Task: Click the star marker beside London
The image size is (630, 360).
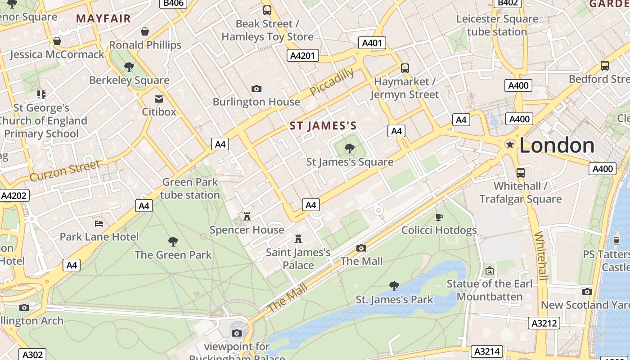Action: coord(510,144)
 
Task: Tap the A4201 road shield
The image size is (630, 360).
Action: coord(303,55)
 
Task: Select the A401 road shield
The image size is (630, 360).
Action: coord(372,43)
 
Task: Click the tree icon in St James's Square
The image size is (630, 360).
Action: coord(349,148)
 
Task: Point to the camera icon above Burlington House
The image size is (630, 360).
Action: coord(256,89)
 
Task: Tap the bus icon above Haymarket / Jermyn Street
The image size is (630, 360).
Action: coord(405,68)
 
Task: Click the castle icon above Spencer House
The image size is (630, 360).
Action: coord(247,216)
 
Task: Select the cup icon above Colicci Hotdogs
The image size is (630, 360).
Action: coord(439,217)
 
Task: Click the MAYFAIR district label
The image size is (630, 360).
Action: coord(103,18)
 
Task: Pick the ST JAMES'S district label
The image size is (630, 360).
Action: coord(323,126)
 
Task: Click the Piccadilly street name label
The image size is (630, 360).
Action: coord(332,81)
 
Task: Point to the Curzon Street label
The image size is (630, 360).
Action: coord(65,171)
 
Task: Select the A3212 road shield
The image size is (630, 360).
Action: coord(544,323)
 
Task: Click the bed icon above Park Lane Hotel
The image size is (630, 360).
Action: coord(99,223)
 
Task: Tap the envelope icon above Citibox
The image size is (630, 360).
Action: coord(159,99)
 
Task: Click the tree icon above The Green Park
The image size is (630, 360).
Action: coord(173,242)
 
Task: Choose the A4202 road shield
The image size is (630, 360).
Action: coord(14,195)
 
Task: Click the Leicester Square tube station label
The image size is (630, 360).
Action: coord(497,25)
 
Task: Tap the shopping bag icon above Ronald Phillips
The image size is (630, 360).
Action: coord(145,31)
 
